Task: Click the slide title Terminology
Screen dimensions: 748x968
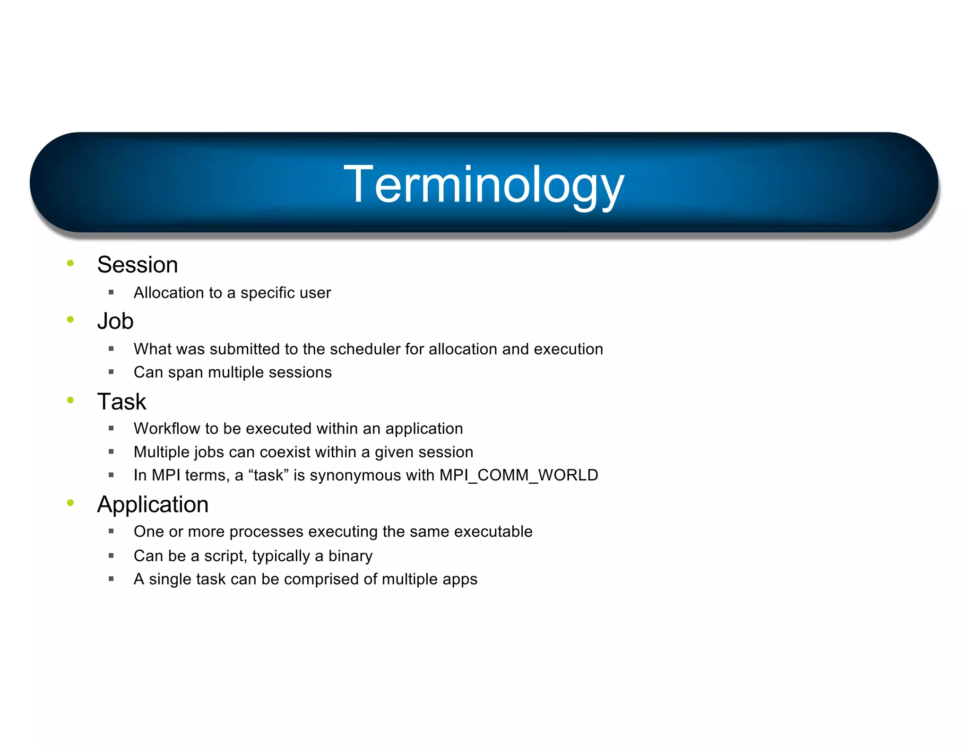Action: point(484,185)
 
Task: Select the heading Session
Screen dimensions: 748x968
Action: point(137,265)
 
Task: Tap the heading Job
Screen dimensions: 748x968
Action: point(115,322)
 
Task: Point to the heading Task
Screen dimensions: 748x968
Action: point(121,402)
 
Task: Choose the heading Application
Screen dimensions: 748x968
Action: point(153,504)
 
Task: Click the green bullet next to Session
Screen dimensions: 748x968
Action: point(70,263)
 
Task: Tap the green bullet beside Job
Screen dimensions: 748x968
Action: point(70,320)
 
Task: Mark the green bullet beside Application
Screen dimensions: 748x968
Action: point(70,503)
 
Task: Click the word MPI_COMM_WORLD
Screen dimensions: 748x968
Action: point(519,475)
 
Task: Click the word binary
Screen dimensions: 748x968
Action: point(350,556)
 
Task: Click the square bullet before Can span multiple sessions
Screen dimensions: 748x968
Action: point(111,372)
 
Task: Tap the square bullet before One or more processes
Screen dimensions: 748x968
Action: point(111,531)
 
